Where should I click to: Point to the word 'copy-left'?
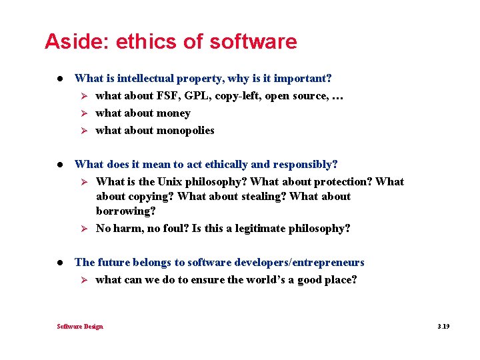point(238,96)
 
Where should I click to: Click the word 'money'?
point(173,113)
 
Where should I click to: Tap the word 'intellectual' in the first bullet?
point(145,79)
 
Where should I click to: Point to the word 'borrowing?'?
point(126,211)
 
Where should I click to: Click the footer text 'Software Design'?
point(80,327)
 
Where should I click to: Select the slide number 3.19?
point(443,327)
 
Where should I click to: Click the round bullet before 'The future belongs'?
point(61,263)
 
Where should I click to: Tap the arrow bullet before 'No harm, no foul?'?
point(85,229)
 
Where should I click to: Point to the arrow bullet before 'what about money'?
point(85,113)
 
